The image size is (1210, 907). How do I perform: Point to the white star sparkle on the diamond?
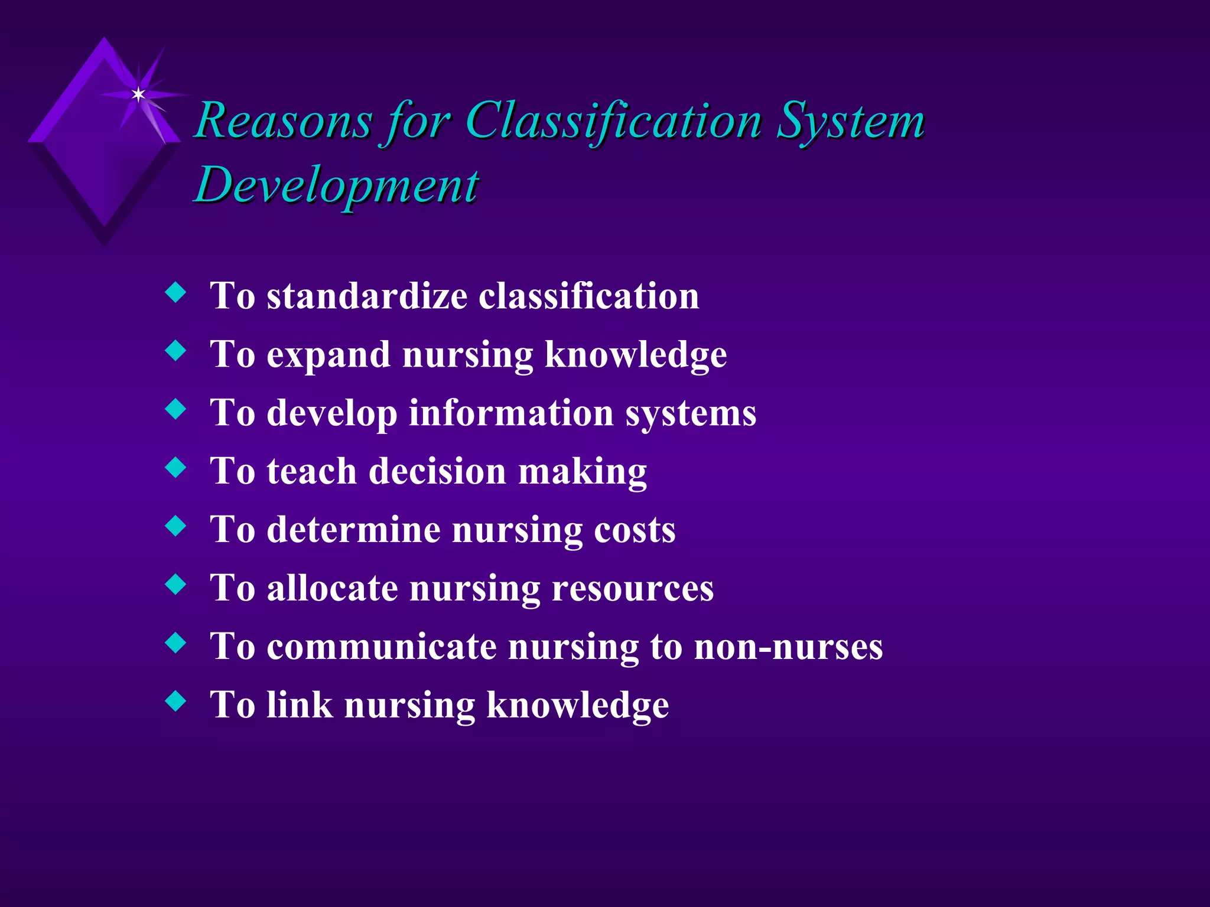coord(138,94)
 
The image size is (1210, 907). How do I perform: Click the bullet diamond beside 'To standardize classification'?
coord(175,292)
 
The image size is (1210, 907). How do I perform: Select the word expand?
coord(328,354)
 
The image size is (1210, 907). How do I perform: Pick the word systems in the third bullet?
coord(691,413)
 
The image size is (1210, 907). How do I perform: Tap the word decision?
coord(438,471)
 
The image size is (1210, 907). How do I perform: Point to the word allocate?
coord(332,588)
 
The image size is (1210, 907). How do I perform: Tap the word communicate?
coord(382,646)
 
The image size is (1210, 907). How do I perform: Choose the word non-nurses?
coord(788,646)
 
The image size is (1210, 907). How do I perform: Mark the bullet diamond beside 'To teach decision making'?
coord(175,468)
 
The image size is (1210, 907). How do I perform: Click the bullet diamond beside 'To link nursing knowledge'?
coord(175,701)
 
